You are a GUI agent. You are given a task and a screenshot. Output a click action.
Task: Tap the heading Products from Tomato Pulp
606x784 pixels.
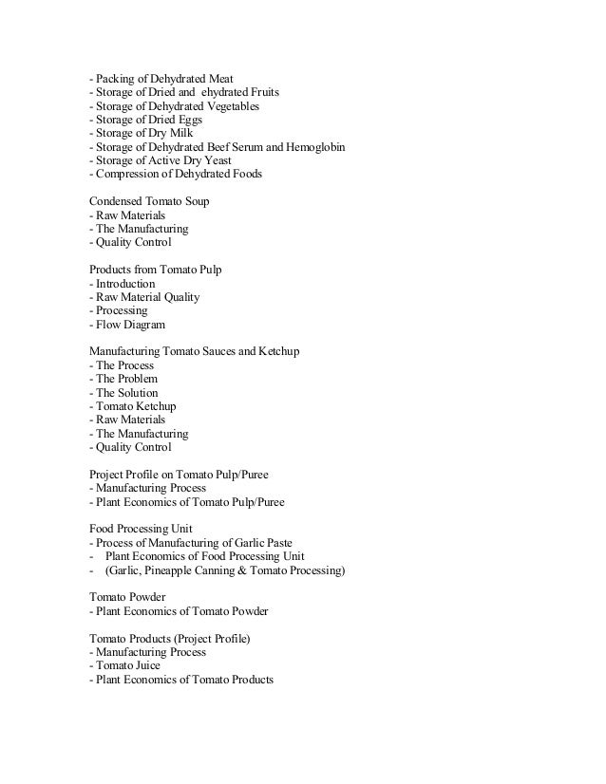click(156, 271)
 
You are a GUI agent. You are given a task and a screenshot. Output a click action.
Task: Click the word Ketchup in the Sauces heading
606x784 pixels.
click(277, 352)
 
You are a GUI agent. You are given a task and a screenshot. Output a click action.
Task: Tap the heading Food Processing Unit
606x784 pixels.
click(140, 529)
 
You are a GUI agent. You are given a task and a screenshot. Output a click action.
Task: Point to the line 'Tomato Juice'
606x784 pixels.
click(126, 666)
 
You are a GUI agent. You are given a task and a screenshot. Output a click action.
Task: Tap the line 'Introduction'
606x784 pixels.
click(123, 284)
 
